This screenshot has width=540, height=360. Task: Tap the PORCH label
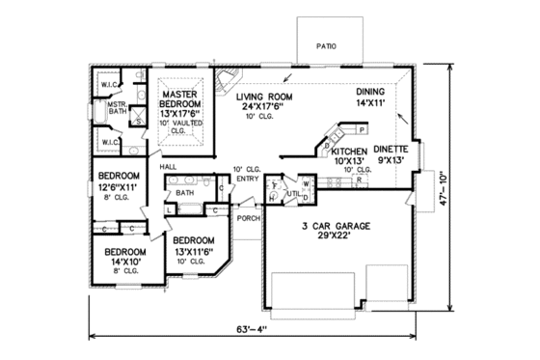point(248,218)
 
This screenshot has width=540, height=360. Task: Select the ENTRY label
point(247,178)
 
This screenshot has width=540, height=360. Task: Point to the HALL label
point(168,167)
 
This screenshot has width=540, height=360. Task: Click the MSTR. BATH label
point(118,108)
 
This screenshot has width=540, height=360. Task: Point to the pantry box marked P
point(360,128)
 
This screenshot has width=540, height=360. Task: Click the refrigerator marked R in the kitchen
point(359,180)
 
